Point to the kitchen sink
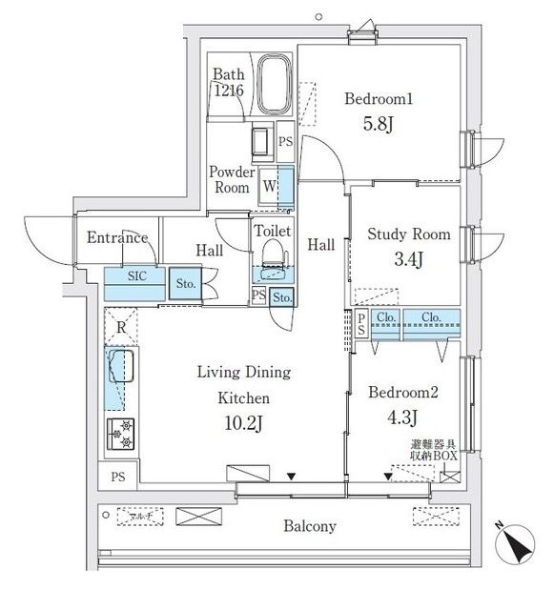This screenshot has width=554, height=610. click(x=120, y=367)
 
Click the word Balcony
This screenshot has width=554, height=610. click(x=308, y=526)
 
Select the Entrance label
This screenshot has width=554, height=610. click(x=117, y=238)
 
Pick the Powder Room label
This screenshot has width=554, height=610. click(x=232, y=179)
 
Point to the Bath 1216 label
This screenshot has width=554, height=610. click(x=228, y=82)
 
